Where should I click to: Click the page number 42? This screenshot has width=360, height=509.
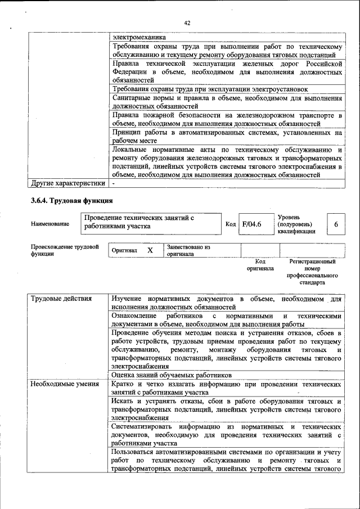pos(187,23)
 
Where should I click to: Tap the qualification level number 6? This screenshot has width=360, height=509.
pos(335,224)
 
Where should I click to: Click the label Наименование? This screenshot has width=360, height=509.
pos(51,224)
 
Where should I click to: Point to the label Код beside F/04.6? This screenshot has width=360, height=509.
pos(230,224)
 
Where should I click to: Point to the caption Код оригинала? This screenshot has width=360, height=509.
pos(259,265)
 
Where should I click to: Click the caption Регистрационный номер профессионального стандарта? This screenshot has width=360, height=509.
pos(312,272)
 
